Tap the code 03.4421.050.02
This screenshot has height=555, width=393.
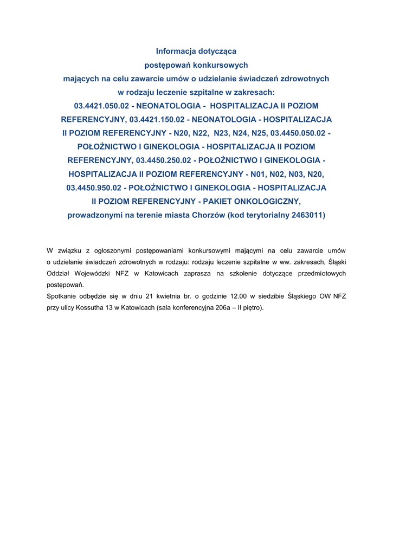click(x=101, y=106)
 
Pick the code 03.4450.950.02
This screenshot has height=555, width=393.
click(x=94, y=188)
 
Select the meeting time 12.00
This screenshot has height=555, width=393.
click(x=238, y=296)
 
